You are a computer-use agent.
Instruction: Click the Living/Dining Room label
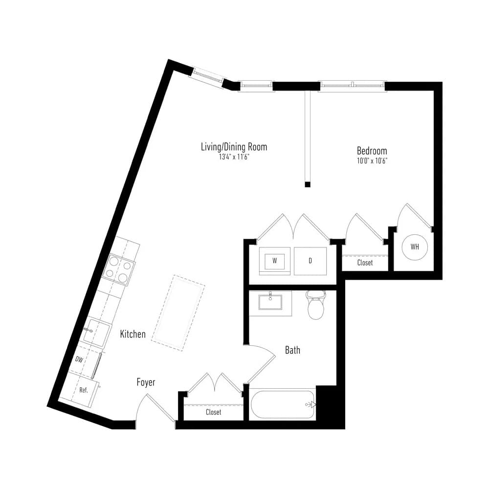(x=234, y=147)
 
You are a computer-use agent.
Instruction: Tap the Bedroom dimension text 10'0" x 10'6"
(x=372, y=161)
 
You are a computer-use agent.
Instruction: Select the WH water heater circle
(x=415, y=247)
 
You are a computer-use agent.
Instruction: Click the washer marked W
(x=274, y=261)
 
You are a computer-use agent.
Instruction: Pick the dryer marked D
(x=311, y=261)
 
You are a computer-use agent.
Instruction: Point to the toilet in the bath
(x=315, y=305)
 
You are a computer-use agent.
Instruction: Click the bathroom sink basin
(x=270, y=302)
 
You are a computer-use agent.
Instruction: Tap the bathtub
(x=283, y=404)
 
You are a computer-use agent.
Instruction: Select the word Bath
(x=292, y=350)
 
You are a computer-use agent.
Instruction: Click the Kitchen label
(x=133, y=334)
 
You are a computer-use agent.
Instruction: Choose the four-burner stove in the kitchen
(x=119, y=270)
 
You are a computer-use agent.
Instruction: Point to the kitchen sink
(x=97, y=333)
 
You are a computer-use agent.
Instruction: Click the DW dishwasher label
(x=79, y=359)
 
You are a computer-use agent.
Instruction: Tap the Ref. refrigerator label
(x=84, y=390)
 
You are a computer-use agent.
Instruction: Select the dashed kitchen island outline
(x=178, y=313)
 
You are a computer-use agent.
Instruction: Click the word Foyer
(x=146, y=382)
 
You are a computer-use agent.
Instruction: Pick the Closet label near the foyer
(x=213, y=412)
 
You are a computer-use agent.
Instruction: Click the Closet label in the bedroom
(x=365, y=263)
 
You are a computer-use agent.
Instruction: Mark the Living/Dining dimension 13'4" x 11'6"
(x=234, y=157)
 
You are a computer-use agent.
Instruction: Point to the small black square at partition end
(x=308, y=184)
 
